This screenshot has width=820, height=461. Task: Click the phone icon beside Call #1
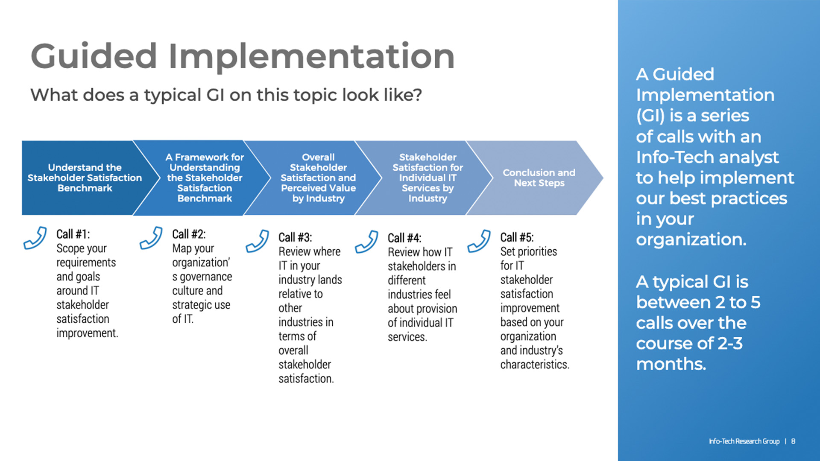[x=35, y=238]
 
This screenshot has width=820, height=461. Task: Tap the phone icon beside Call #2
[x=151, y=238]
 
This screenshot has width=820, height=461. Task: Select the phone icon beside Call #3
[x=257, y=241]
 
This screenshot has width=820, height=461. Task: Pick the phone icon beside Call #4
[x=366, y=242]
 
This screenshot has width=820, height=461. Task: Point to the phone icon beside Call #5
[x=479, y=241]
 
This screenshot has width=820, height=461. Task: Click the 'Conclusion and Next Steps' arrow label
[x=539, y=178]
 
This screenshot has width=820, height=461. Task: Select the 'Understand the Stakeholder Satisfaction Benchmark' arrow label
[x=85, y=178]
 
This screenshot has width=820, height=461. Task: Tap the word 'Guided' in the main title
[x=94, y=56]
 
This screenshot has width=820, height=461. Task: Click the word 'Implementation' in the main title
[x=312, y=56]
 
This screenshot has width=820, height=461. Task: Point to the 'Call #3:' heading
[x=295, y=237]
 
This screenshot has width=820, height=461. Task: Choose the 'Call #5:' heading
[x=517, y=237]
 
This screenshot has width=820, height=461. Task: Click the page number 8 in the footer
[x=793, y=441]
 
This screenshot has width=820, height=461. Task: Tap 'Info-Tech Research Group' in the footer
[x=744, y=441]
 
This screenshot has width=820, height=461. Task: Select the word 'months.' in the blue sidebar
[x=671, y=364]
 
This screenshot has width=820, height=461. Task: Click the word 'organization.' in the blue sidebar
[x=691, y=239]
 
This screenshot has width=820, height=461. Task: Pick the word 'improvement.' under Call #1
[x=87, y=333]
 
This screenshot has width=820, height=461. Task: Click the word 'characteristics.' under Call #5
[x=535, y=365]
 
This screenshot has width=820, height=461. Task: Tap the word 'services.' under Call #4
[x=407, y=337]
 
